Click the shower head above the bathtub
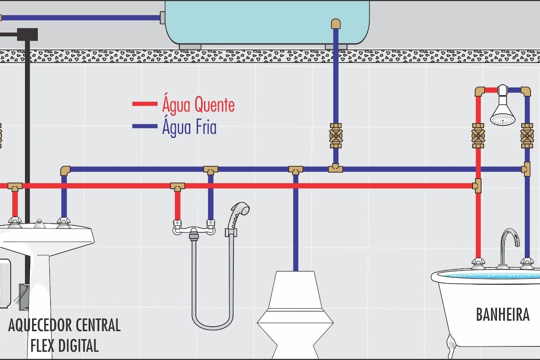pyautogui.click(x=503, y=109)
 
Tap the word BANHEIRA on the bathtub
pyautogui.click(x=503, y=314)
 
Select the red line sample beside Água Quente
pyautogui.click(x=145, y=104)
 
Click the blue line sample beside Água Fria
pyautogui.click(x=145, y=126)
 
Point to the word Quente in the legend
pyautogui.click(x=214, y=105)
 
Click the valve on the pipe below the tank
pyautogui.click(x=336, y=136)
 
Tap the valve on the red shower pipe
pyautogui.click(x=478, y=136)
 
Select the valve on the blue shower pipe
pyautogui.click(x=527, y=136)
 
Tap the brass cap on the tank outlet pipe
pyautogui.click(x=336, y=24)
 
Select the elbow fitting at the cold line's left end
pyautogui.click(x=65, y=171)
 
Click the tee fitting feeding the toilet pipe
pyautogui.click(x=296, y=170)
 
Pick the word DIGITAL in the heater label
pyautogui.click(x=78, y=345)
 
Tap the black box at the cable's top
pyautogui.click(x=28, y=34)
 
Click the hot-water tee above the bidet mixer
pyautogui.click(x=178, y=187)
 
